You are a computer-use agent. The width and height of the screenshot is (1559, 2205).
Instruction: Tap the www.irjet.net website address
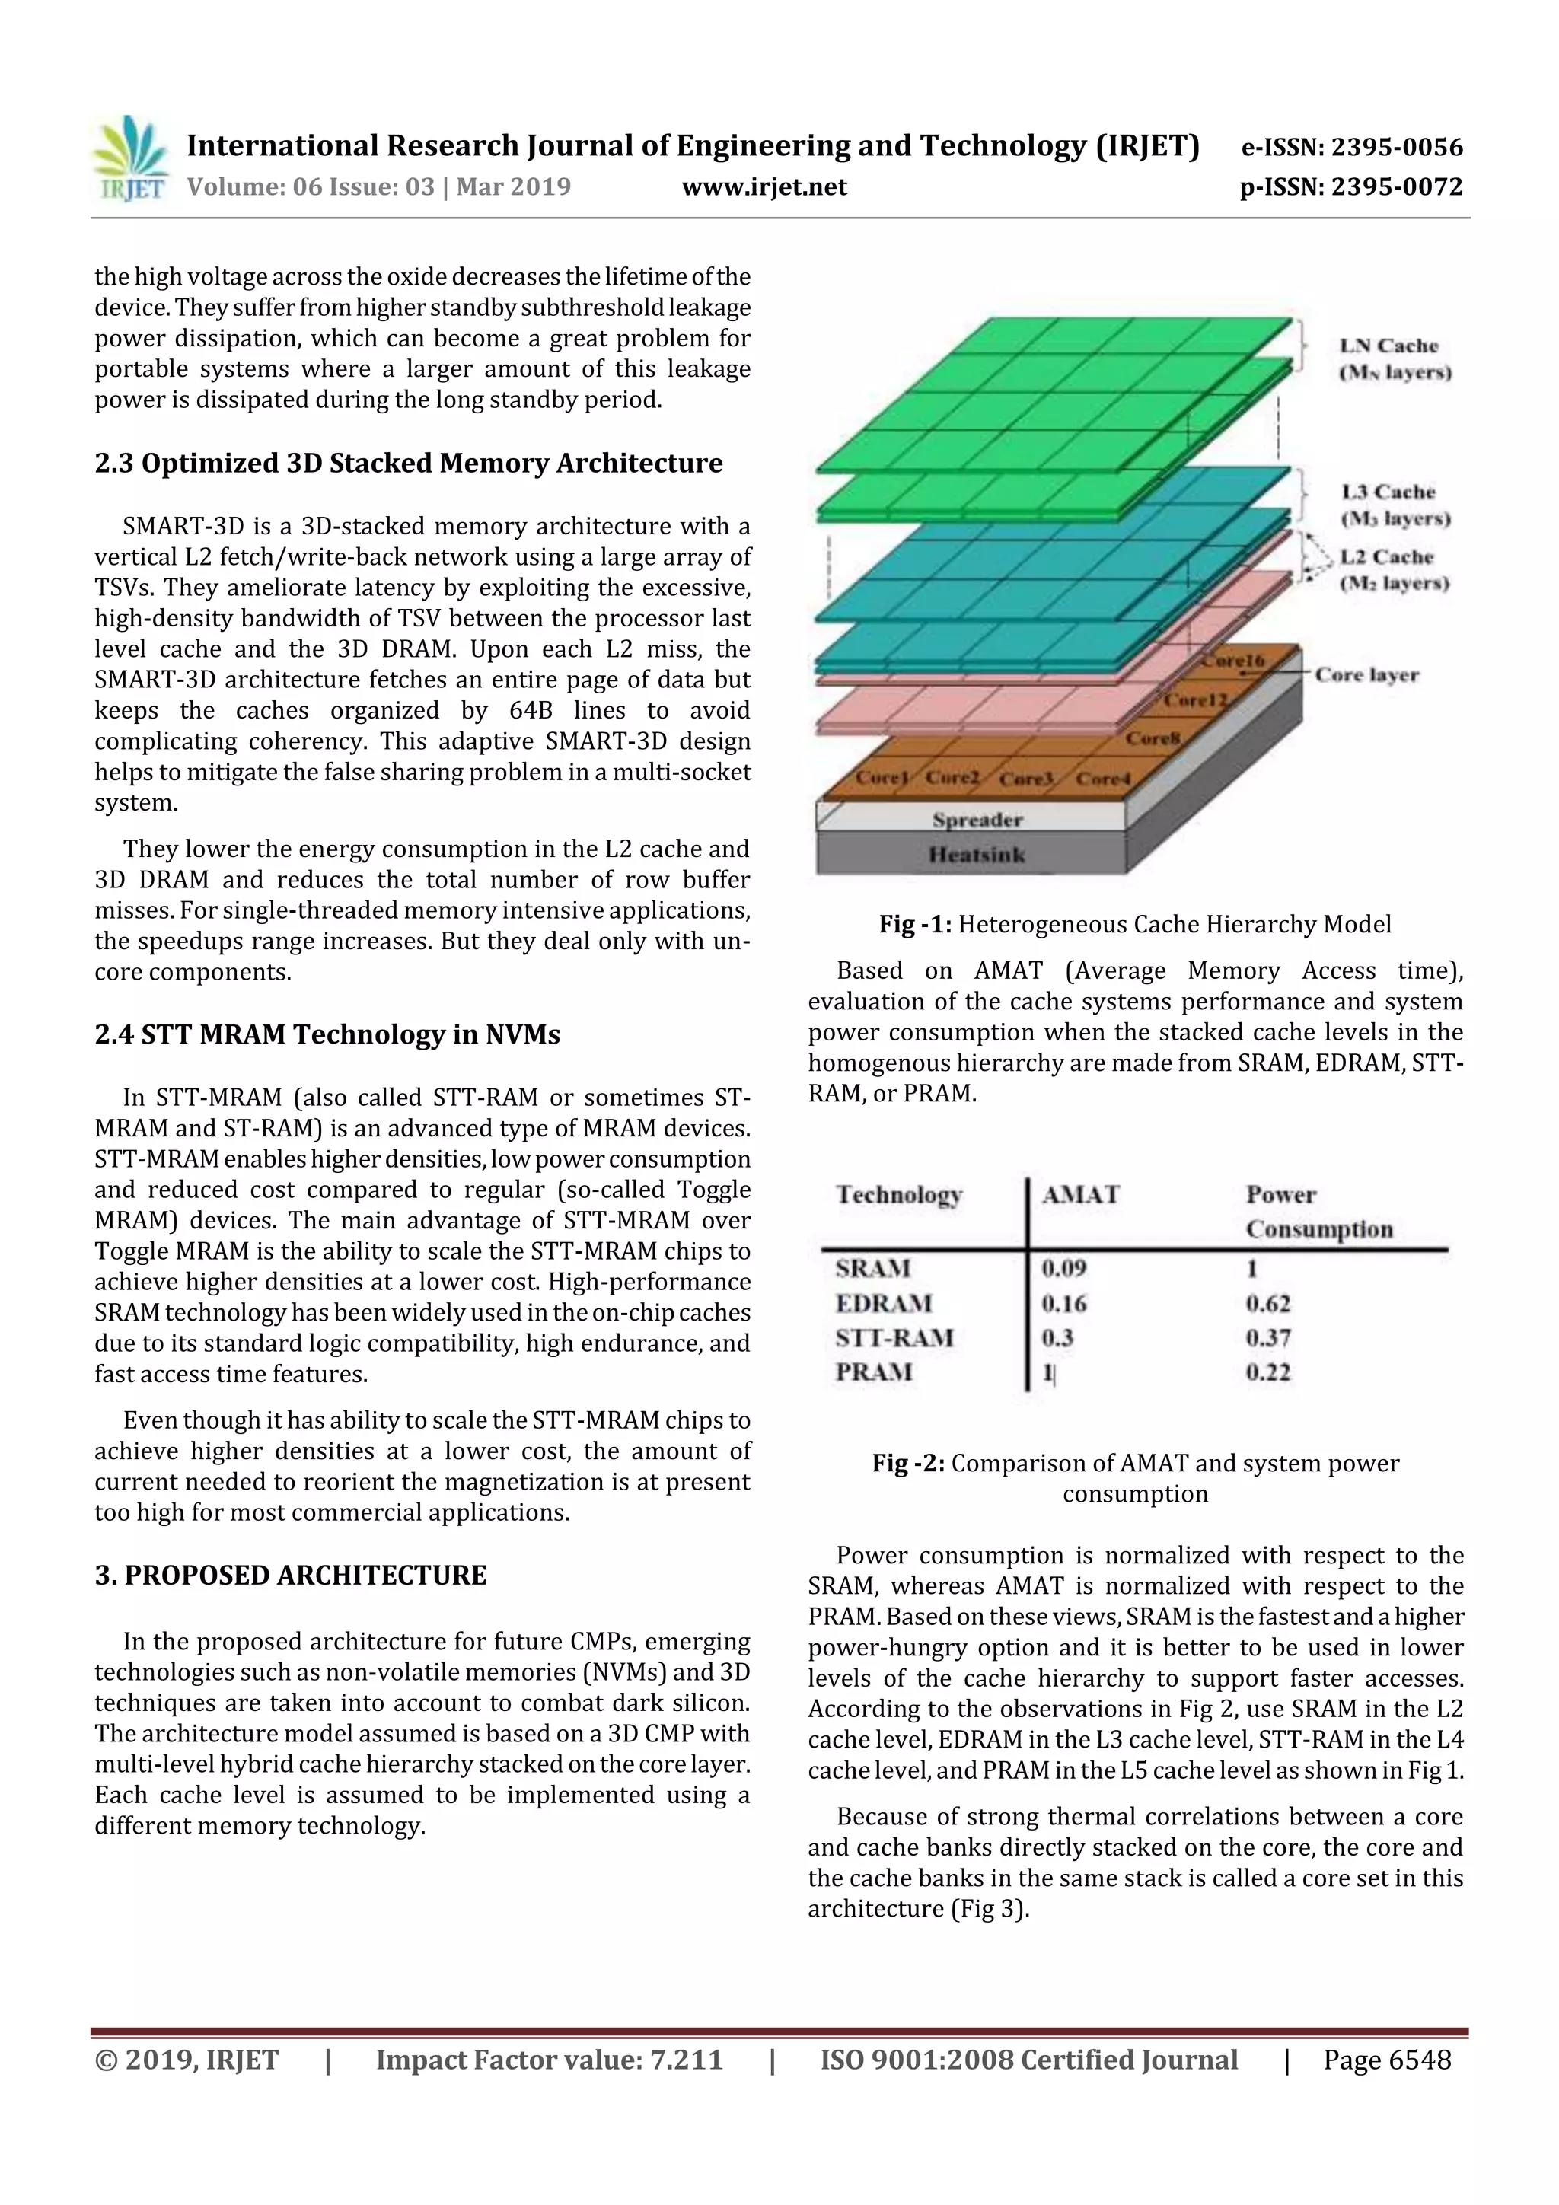tap(764, 186)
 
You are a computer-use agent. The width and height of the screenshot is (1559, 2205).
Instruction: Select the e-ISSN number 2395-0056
tap(1351, 147)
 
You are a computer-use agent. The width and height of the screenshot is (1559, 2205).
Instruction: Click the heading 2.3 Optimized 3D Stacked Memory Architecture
tap(408, 463)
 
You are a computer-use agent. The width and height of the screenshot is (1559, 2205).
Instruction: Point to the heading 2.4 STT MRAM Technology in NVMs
tap(327, 1034)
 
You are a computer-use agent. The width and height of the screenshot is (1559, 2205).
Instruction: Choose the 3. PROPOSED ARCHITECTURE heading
tap(290, 1575)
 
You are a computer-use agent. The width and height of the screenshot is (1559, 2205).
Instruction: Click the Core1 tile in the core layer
tap(881, 777)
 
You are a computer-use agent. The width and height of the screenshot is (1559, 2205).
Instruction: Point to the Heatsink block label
tap(977, 855)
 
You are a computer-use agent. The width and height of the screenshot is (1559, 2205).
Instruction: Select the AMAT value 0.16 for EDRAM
tap(1064, 1303)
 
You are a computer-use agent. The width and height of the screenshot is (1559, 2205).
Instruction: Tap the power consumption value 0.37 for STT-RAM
tap(1268, 1338)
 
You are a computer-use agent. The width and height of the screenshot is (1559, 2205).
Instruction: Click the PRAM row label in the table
tap(873, 1372)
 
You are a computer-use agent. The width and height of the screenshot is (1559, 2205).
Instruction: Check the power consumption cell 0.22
tap(1268, 1372)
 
